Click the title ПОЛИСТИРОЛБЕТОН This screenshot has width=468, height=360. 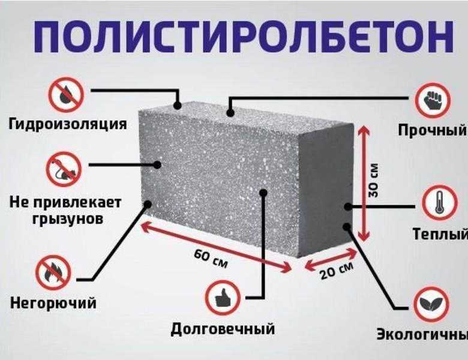(244, 36)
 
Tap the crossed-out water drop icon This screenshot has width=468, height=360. (66, 95)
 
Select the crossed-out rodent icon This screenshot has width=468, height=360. (64, 169)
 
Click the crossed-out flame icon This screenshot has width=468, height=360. (53, 273)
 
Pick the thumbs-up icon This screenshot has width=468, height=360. (223, 298)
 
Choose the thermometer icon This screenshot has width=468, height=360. (440, 203)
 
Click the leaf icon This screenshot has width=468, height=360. (431, 304)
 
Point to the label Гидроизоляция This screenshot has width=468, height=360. (68, 124)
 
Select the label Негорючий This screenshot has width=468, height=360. (53, 303)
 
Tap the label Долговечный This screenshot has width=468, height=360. (223, 329)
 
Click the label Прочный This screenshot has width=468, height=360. (433, 130)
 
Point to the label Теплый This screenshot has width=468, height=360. (440, 234)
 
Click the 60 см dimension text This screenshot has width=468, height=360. (211, 259)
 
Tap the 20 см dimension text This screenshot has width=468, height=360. (337, 271)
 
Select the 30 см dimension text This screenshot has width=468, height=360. (373, 180)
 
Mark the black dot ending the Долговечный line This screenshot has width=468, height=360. (263, 193)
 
